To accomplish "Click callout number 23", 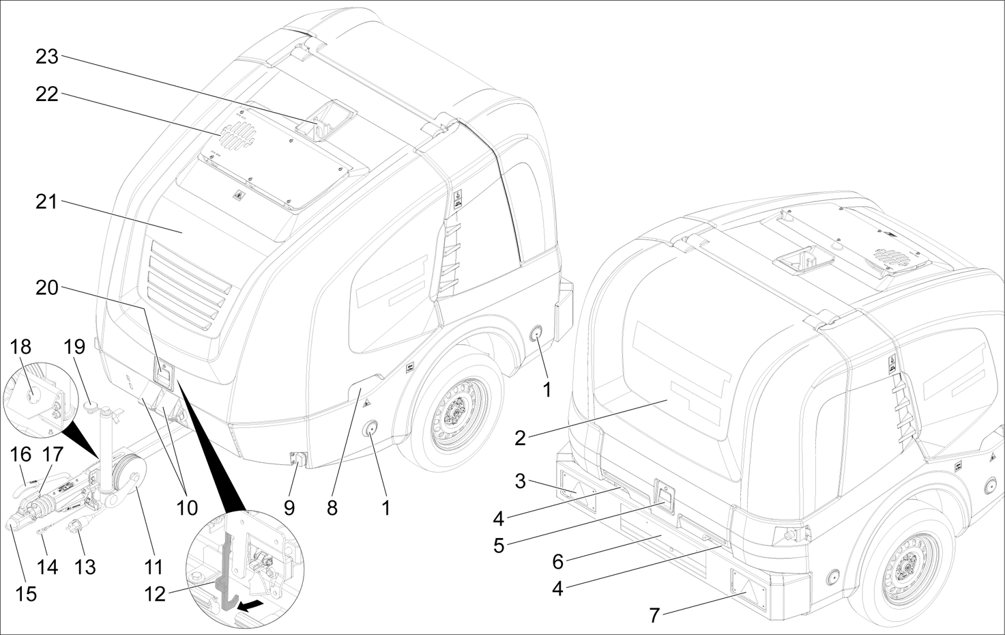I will pos(47,57).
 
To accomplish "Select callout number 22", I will pos(47,95).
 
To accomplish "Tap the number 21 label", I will pos(47,202).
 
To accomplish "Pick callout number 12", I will pos(156,593).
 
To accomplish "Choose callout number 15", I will pos(26,593).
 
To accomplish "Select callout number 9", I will pos(289,509).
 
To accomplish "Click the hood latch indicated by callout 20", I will pos(164,374).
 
